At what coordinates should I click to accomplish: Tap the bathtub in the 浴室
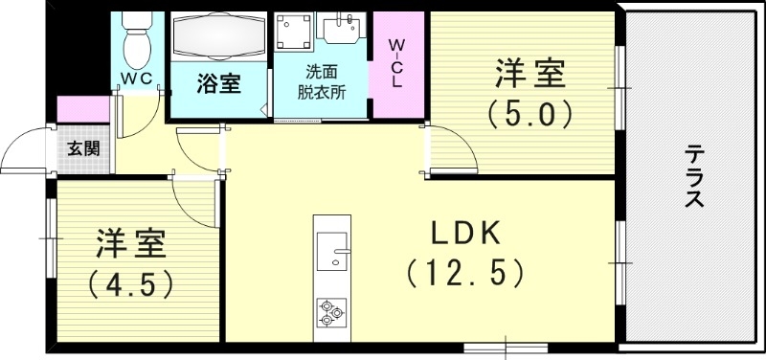(217, 38)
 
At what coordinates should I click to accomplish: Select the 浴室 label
(217, 83)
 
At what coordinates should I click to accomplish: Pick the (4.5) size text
(130, 283)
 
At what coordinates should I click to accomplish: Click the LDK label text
(464, 233)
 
